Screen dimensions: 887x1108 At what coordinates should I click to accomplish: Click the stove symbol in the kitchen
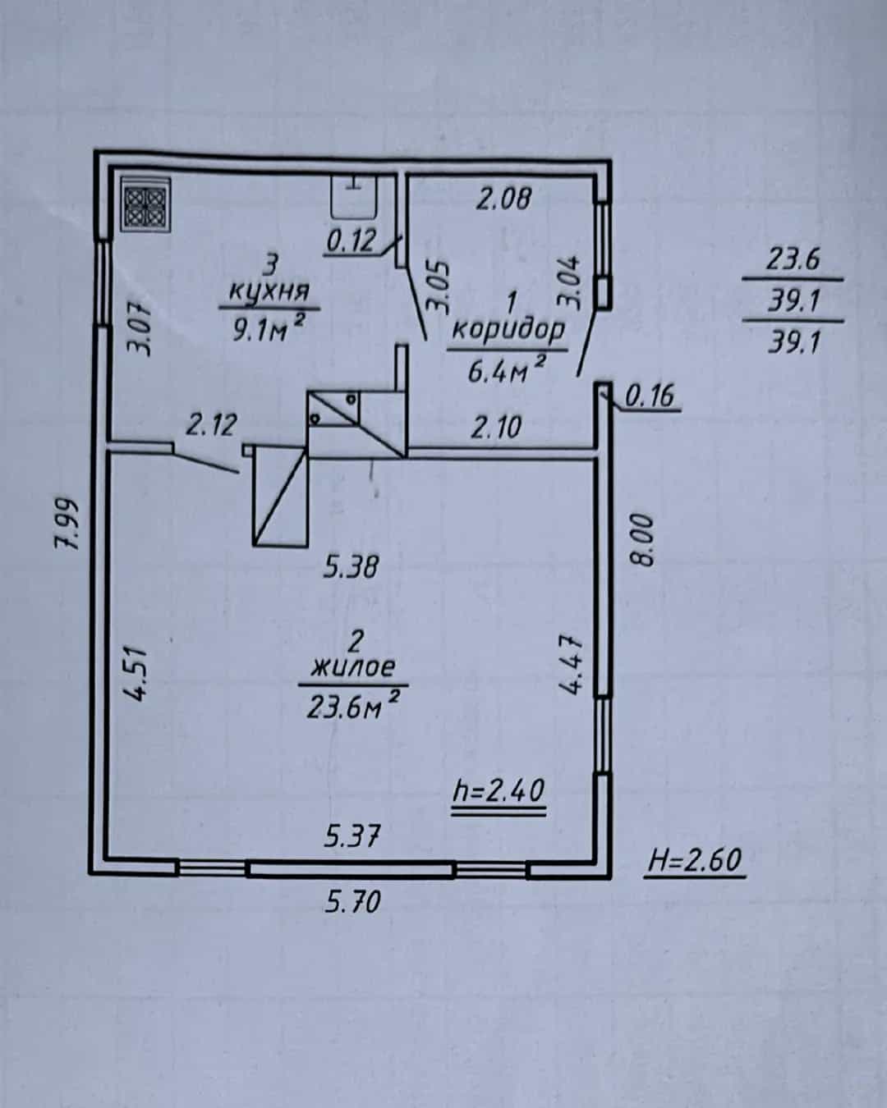click(146, 204)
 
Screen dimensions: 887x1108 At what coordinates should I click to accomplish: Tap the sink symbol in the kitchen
click(353, 197)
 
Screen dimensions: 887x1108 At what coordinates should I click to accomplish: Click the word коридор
click(508, 330)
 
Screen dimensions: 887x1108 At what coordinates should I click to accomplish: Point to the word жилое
click(353, 668)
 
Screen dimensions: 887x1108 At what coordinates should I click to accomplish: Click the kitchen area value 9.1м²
click(269, 328)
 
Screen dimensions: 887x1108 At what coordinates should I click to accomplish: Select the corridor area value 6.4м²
click(506, 369)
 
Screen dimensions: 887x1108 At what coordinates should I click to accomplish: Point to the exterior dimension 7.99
click(67, 524)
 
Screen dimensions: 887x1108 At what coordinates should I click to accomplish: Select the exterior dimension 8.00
click(642, 539)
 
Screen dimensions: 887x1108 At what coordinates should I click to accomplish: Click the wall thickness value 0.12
click(352, 241)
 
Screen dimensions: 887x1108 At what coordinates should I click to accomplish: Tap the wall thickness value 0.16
click(650, 396)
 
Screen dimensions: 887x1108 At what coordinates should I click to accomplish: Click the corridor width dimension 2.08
click(503, 199)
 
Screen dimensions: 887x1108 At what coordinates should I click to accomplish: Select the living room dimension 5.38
click(351, 566)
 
